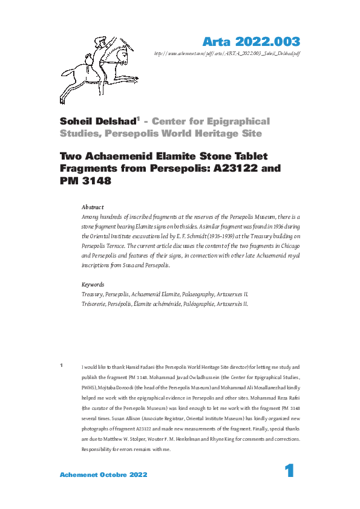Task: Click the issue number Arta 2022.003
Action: [x=250, y=42]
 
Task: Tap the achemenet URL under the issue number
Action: [x=227, y=53]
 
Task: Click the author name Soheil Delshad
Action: [x=98, y=121]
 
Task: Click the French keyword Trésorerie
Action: [x=95, y=304]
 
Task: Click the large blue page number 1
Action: [x=289, y=472]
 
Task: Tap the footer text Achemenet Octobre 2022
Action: [x=103, y=475]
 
